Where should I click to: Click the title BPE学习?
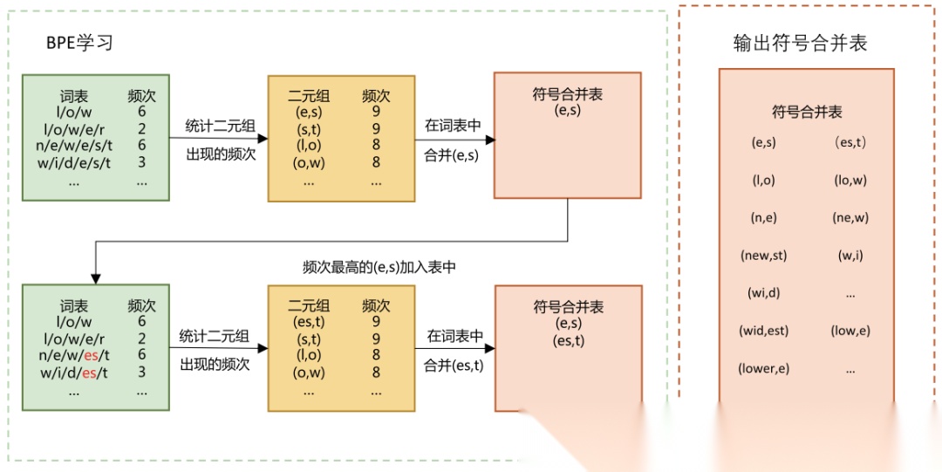point(79,43)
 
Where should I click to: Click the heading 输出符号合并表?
point(801,43)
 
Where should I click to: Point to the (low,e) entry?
point(850,331)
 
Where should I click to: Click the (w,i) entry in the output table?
point(850,255)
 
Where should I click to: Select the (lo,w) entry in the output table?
point(850,180)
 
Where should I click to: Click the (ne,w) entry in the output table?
point(850,217)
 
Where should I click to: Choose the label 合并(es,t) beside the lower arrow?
point(454,366)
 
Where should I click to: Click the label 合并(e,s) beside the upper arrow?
point(453,156)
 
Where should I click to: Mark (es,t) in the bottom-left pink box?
point(568,341)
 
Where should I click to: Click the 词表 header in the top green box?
point(74,96)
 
